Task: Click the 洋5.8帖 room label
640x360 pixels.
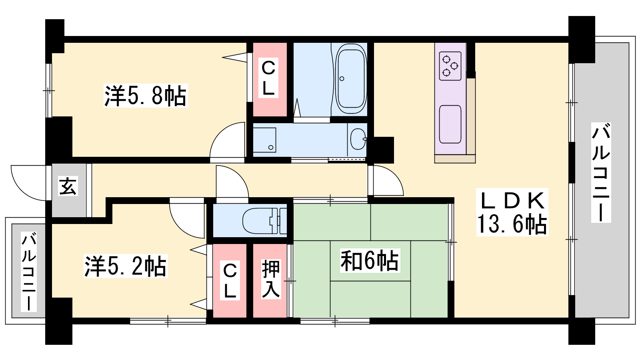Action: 146,96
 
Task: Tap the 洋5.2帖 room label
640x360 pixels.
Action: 126,266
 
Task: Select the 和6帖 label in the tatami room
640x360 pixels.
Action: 370,260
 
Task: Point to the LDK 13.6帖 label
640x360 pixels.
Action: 512,212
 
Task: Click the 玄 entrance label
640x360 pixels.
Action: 68,186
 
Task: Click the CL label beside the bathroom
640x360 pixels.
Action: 268,78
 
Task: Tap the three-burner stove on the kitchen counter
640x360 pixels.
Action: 450,66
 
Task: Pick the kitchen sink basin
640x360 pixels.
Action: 450,124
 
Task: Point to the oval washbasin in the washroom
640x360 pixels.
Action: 358,139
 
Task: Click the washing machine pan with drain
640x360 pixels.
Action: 264,140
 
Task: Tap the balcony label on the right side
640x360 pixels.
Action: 601,172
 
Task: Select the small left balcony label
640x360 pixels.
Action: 29,271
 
